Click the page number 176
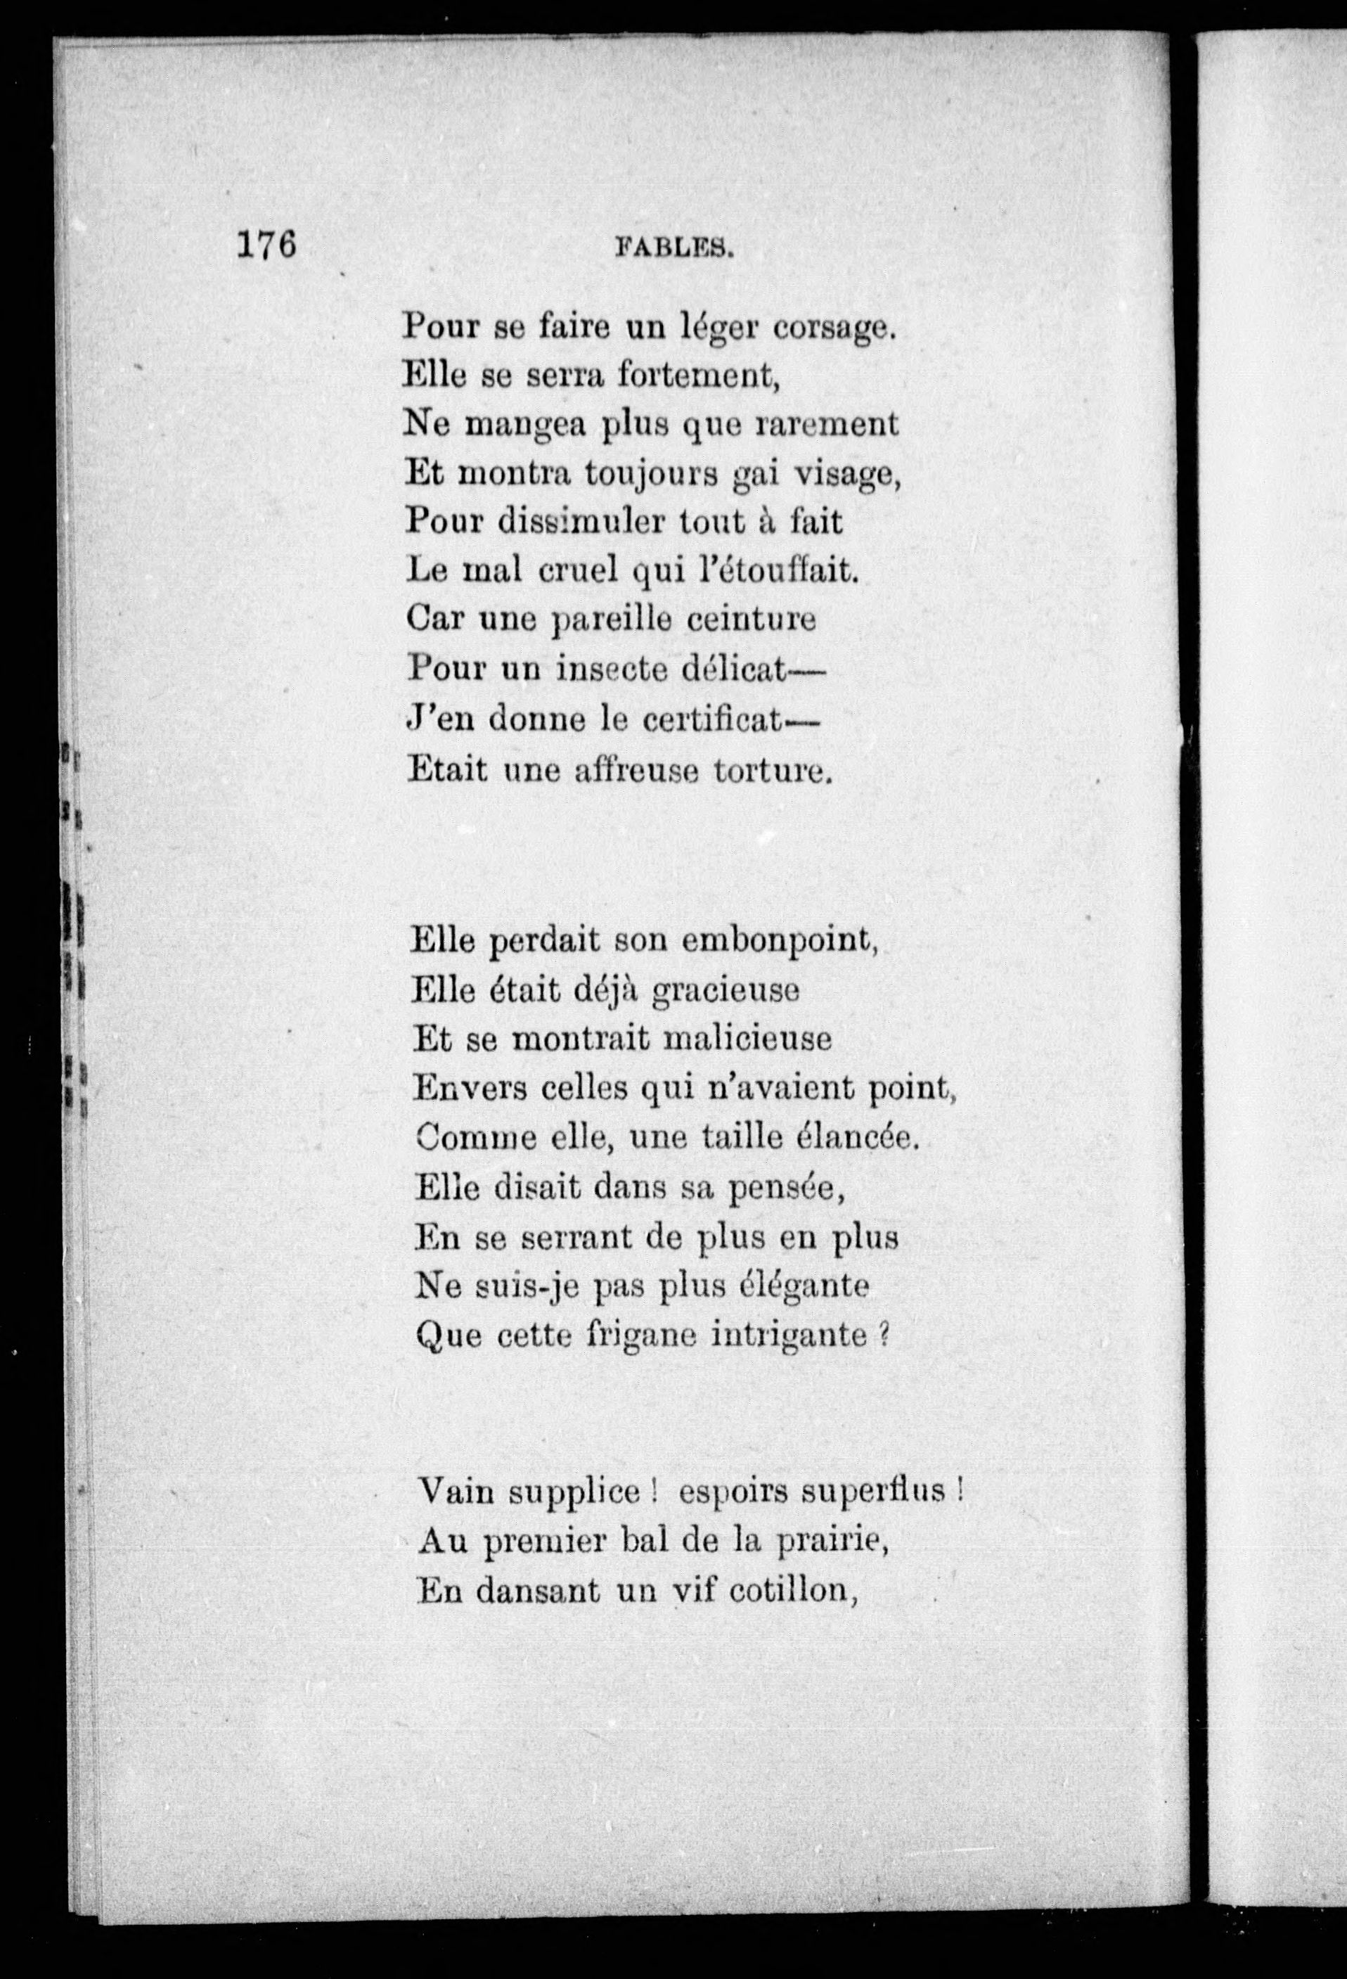(266, 245)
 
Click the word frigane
(636, 1336)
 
